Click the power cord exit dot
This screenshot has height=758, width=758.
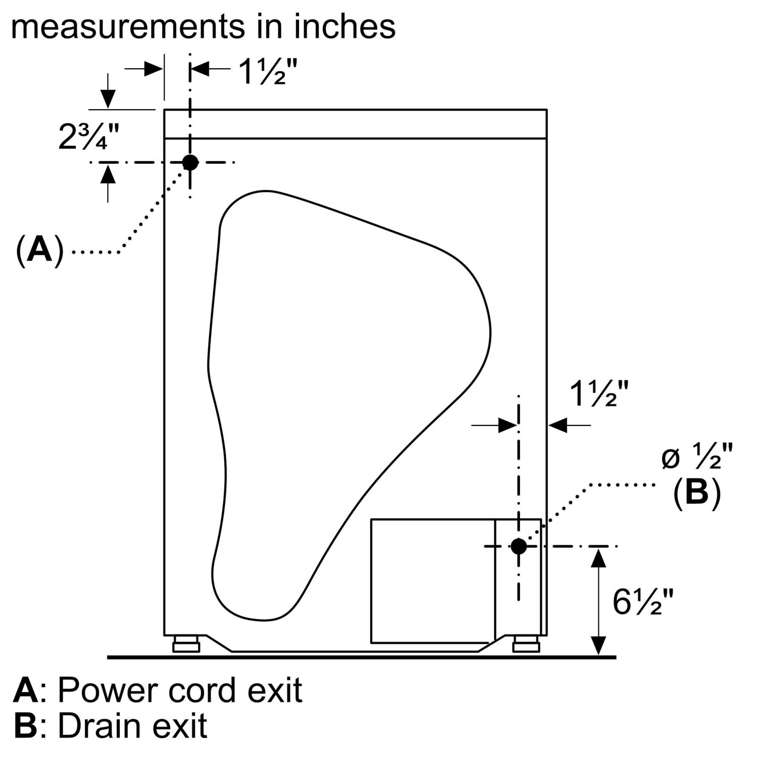[x=191, y=162]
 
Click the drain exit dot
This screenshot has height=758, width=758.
[x=518, y=546]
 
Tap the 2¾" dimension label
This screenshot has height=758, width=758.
[x=89, y=136]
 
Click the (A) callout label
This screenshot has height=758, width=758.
[x=40, y=249]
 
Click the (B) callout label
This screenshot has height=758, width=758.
[x=697, y=492]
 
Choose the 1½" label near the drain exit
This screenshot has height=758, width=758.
[x=599, y=394]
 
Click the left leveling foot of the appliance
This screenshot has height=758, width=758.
[x=186, y=645]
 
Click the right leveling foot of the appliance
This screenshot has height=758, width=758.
[x=526, y=645]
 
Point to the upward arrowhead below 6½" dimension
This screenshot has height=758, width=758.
[x=599, y=558]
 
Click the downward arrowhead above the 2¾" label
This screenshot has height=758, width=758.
[x=108, y=99]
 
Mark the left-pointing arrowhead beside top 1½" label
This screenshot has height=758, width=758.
[x=200, y=69]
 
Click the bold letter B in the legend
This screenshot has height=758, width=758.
[x=25, y=726]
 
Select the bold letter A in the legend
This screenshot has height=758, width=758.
[x=25, y=690]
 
